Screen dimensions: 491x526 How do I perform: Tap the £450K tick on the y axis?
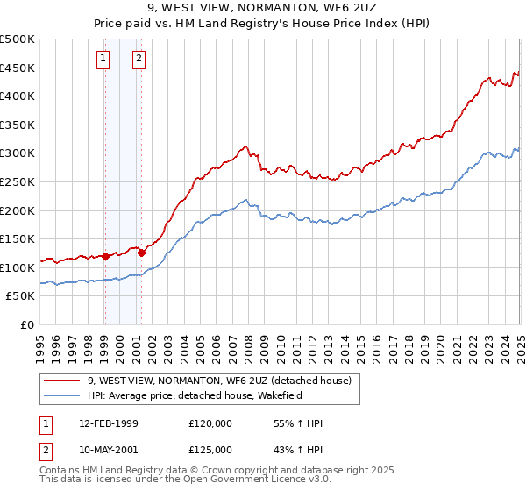click(18, 68)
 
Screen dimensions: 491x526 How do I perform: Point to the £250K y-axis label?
click(18, 181)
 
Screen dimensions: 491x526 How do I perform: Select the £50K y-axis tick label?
click(21, 296)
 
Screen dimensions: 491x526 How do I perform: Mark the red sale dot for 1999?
click(105, 256)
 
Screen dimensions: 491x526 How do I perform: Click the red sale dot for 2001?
click(141, 253)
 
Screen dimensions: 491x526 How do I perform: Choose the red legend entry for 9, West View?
click(219, 381)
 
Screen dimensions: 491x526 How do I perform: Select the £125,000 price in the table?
click(210, 450)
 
